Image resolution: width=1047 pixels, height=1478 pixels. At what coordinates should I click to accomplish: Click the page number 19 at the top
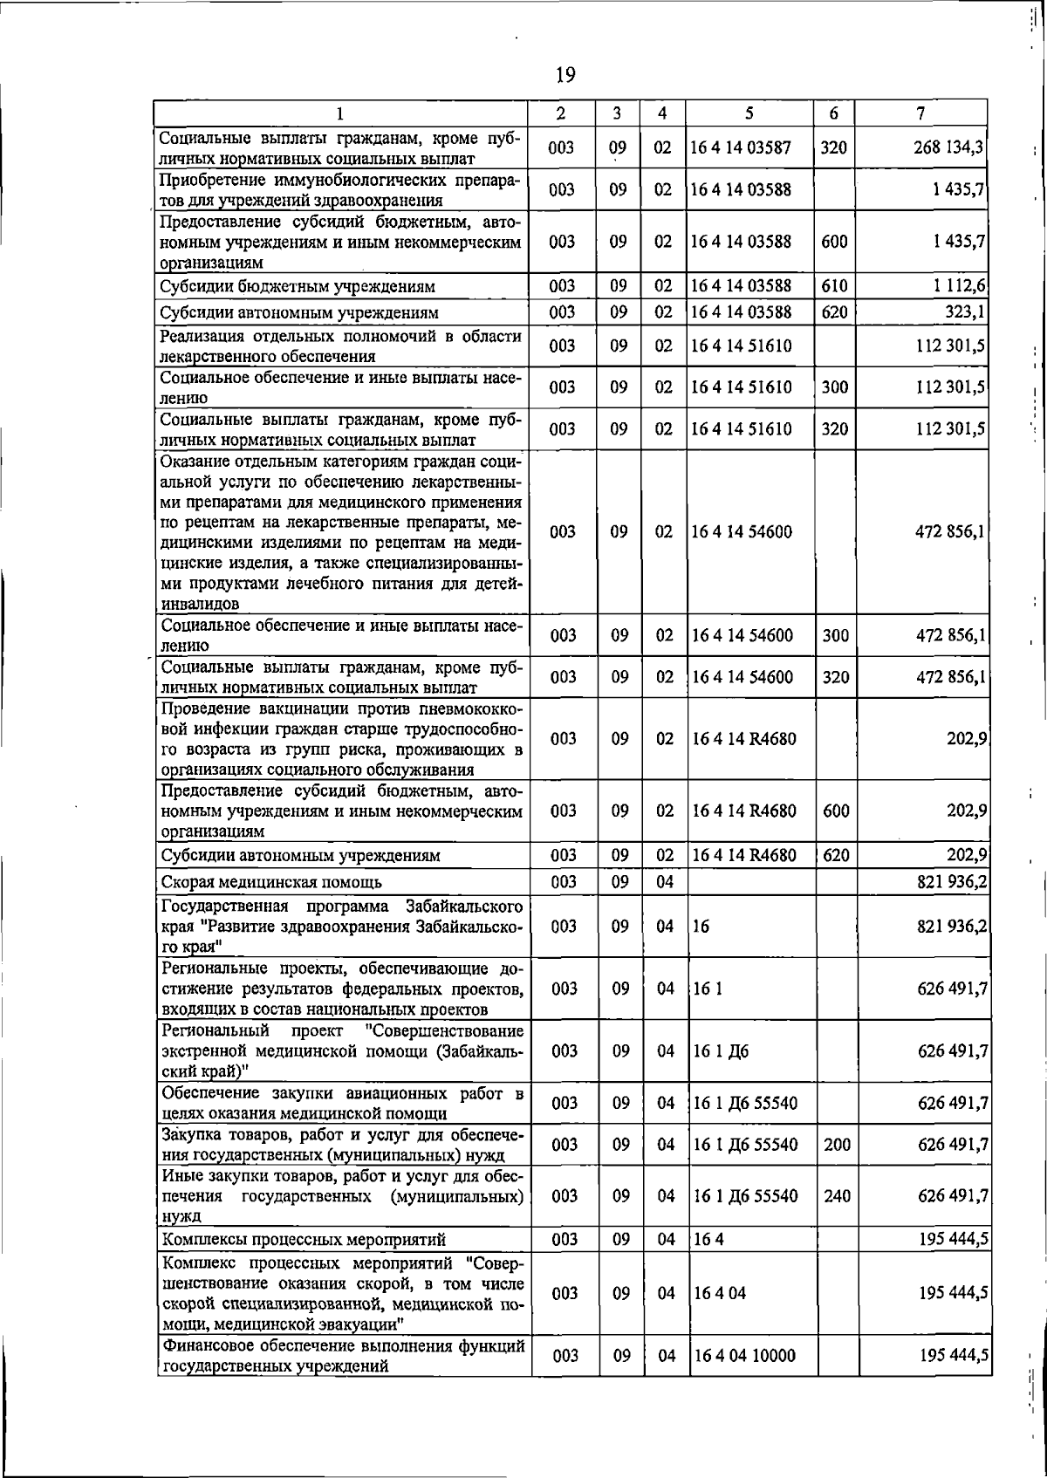pyautogui.click(x=565, y=75)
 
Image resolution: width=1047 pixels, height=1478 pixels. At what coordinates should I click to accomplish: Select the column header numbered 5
pyautogui.click(x=749, y=113)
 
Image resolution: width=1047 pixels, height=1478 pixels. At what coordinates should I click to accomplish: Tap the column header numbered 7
pyautogui.click(x=920, y=113)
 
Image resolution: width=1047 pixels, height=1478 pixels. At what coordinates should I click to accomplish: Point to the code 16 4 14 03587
pyautogui.click(x=741, y=148)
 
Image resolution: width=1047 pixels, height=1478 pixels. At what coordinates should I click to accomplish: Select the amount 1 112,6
pyautogui.click(x=961, y=285)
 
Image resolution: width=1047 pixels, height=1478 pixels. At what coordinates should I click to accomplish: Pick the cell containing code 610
pyautogui.click(x=834, y=286)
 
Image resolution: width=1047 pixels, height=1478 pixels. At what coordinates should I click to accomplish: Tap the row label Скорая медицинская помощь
pyautogui.click(x=271, y=882)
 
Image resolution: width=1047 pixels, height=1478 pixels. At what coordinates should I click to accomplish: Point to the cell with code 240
pyautogui.click(x=837, y=1196)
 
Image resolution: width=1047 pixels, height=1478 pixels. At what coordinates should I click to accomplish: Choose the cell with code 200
pyautogui.click(x=837, y=1144)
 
